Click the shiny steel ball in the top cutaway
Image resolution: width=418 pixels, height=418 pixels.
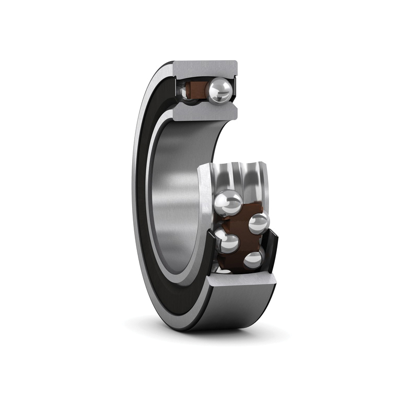point(219,90)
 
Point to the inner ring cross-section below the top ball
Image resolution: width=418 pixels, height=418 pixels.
point(204,111)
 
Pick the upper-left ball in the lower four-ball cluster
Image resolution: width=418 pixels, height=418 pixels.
point(228,203)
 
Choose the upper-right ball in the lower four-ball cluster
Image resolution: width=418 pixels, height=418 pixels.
point(258,223)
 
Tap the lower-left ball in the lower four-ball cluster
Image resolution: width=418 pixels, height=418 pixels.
point(227,242)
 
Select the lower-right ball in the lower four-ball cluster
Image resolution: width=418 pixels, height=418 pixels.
point(253,260)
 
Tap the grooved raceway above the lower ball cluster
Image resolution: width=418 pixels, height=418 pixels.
point(240,175)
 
